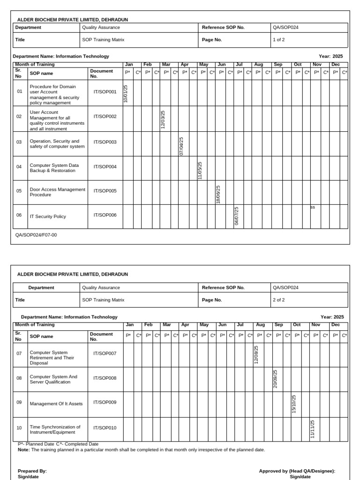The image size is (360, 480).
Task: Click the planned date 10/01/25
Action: point(126,94)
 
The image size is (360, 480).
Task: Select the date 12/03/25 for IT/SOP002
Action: point(163,120)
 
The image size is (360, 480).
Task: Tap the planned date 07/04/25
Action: point(181,146)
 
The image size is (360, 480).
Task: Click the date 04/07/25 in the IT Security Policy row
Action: point(237,216)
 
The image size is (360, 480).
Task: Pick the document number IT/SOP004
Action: point(105,167)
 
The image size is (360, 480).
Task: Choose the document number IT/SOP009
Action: point(105,402)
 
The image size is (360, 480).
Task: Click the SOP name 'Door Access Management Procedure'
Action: point(57,192)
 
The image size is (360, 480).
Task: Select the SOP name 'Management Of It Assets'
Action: point(56,404)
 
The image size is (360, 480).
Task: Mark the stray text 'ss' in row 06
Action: point(313,207)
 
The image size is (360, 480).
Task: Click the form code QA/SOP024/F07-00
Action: point(36,235)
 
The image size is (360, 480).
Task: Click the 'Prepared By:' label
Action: point(32,471)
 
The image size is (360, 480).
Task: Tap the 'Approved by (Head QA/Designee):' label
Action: point(297,471)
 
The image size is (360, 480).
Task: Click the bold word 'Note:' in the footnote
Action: point(23,450)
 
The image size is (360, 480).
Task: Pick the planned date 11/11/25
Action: point(313,429)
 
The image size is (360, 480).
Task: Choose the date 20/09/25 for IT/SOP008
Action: point(275,379)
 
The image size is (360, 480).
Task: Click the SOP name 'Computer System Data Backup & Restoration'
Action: point(54,168)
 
